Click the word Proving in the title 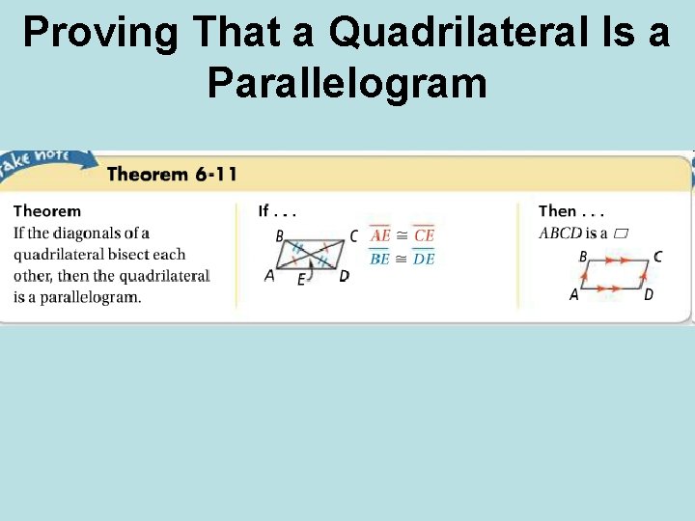coord(100,33)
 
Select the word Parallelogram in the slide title coord(347,84)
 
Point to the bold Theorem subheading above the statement coord(47,211)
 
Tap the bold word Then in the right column coord(558,211)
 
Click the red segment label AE coord(381,235)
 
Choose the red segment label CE coord(424,235)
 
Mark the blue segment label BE coord(380,259)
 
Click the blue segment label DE coord(424,259)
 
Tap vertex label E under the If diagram coord(301,280)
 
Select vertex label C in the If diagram coord(354,235)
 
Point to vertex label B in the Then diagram coord(583,257)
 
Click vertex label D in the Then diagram coord(649,294)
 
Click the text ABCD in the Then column coord(560,233)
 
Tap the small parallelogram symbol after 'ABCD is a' coord(622,233)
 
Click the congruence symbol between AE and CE coord(403,235)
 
